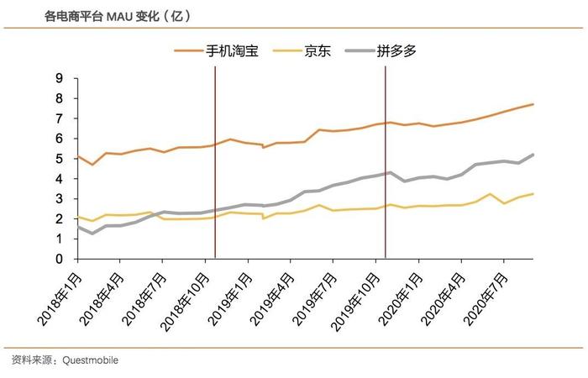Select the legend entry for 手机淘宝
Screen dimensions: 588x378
(217, 50)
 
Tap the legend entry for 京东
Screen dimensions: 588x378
(302, 50)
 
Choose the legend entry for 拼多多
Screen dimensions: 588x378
(381, 50)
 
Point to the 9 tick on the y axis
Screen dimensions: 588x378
(60, 78)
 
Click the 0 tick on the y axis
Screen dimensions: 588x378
(60, 259)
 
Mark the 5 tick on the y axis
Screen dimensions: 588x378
(60, 159)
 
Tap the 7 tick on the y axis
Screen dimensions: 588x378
(60, 118)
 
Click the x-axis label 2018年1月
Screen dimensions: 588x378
(60, 299)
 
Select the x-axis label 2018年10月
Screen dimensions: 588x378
(184, 302)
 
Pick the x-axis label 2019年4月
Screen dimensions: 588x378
(273, 299)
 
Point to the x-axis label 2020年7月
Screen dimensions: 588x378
(486, 299)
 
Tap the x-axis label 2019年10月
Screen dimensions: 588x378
(355, 302)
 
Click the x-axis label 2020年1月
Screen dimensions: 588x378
(401, 299)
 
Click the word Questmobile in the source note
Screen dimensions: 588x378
(90, 360)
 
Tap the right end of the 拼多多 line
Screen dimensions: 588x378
(533, 155)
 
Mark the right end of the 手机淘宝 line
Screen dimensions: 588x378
(533, 104)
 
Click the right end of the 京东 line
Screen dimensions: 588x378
(533, 194)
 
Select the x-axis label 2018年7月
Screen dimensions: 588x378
(145, 299)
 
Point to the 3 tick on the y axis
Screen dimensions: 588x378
(60, 199)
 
